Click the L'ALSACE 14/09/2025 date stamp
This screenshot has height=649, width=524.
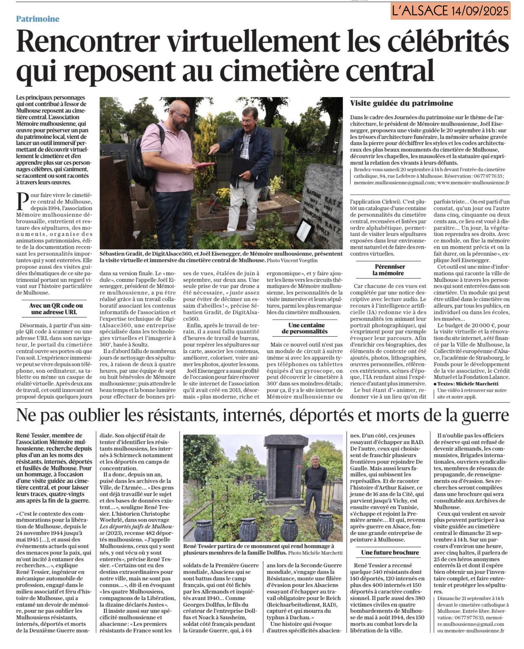(x=450, y=11)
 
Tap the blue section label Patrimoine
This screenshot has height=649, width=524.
(x=38, y=19)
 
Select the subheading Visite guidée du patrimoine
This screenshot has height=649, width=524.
(x=401, y=103)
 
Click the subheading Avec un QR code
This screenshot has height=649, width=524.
(x=56, y=309)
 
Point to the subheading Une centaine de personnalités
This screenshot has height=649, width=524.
(x=306, y=328)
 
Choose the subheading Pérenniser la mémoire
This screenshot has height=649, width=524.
(x=390, y=270)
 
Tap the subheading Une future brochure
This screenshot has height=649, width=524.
(x=390, y=552)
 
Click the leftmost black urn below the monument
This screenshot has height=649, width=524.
(x=204, y=529)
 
